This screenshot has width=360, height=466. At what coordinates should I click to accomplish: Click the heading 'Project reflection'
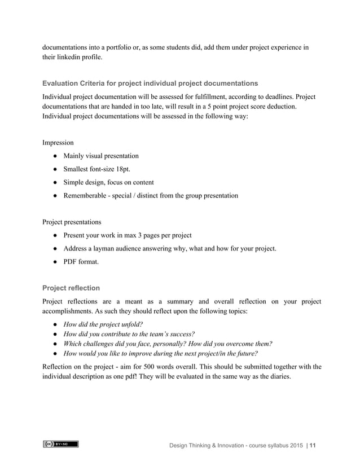click(71, 288)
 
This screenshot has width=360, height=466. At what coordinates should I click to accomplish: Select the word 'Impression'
click(58, 142)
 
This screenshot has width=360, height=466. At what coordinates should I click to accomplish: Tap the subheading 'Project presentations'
click(72, 222)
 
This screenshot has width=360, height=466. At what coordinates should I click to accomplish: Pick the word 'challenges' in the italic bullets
click(104, 344)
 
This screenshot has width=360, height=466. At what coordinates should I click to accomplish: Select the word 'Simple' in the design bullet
click(74, 182)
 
